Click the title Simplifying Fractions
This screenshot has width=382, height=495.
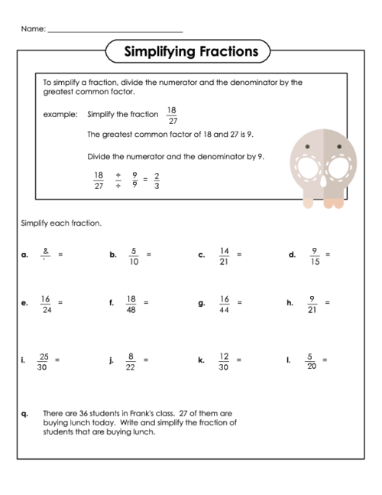(x=186, y=52)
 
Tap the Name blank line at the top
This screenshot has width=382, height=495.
(x=115, y=31)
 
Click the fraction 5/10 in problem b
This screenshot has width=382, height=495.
(x=134, y=255)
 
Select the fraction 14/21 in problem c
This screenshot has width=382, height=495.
(x=224, y=255)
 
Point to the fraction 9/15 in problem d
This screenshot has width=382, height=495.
(x=313, y=255)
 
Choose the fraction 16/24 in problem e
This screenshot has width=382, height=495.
(x=45, y=304)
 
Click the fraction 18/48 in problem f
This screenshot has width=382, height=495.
(x=131, y=304)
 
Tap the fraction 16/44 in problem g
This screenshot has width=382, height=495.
(x=224, y=304)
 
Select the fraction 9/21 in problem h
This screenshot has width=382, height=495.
(x=312, y=304)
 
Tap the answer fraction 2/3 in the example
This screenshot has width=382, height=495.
(x=157, y=180)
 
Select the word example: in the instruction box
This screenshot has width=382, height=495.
(x=60, y=115)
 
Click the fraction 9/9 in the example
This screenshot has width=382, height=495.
(x=134, y=180)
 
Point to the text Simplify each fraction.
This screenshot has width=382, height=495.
(x=60, y=223)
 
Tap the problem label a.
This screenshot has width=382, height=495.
(x=24, y=255)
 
